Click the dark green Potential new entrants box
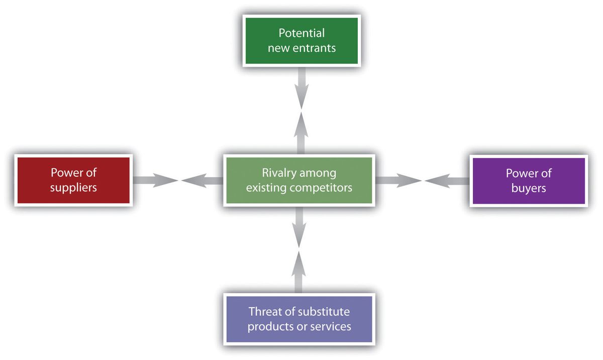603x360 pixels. tap(301, 41)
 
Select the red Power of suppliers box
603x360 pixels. tap(73, 180)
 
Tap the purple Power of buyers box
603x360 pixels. tap(529, 181)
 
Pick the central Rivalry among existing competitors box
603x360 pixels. tap(299, 180)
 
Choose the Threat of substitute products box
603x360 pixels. tap(299, 319)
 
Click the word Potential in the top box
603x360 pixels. tap(301, 33)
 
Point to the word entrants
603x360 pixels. tap(314, 48)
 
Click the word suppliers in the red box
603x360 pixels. tap(73, 188)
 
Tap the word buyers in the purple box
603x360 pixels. tap(529, 189)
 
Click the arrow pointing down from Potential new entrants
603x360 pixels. tap(301, 88)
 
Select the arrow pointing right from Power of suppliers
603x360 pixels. tap(155, 180)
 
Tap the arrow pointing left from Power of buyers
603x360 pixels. tap(447, 181)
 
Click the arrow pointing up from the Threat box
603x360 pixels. tap(298, 272)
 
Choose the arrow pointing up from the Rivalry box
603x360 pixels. tap(301, 133)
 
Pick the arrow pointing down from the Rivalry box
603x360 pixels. tap(299, 227)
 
